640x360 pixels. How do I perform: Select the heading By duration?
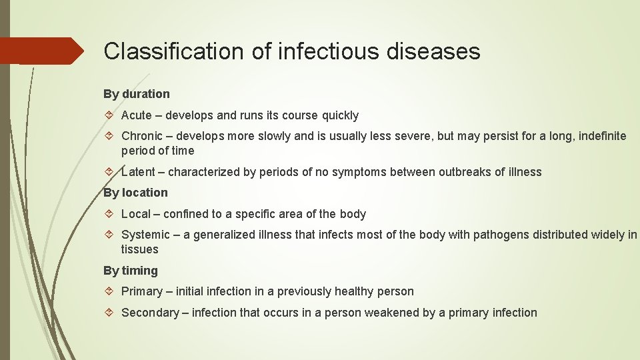point(137,94)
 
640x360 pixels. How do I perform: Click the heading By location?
point(136,193)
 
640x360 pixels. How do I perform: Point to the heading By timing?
point(131,271)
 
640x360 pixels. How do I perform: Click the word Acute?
point(137,115)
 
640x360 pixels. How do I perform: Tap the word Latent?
point(139,172)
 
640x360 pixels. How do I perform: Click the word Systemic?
point(145,235)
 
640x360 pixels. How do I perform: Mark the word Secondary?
point(149,313)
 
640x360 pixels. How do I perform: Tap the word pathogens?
point(499,235)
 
